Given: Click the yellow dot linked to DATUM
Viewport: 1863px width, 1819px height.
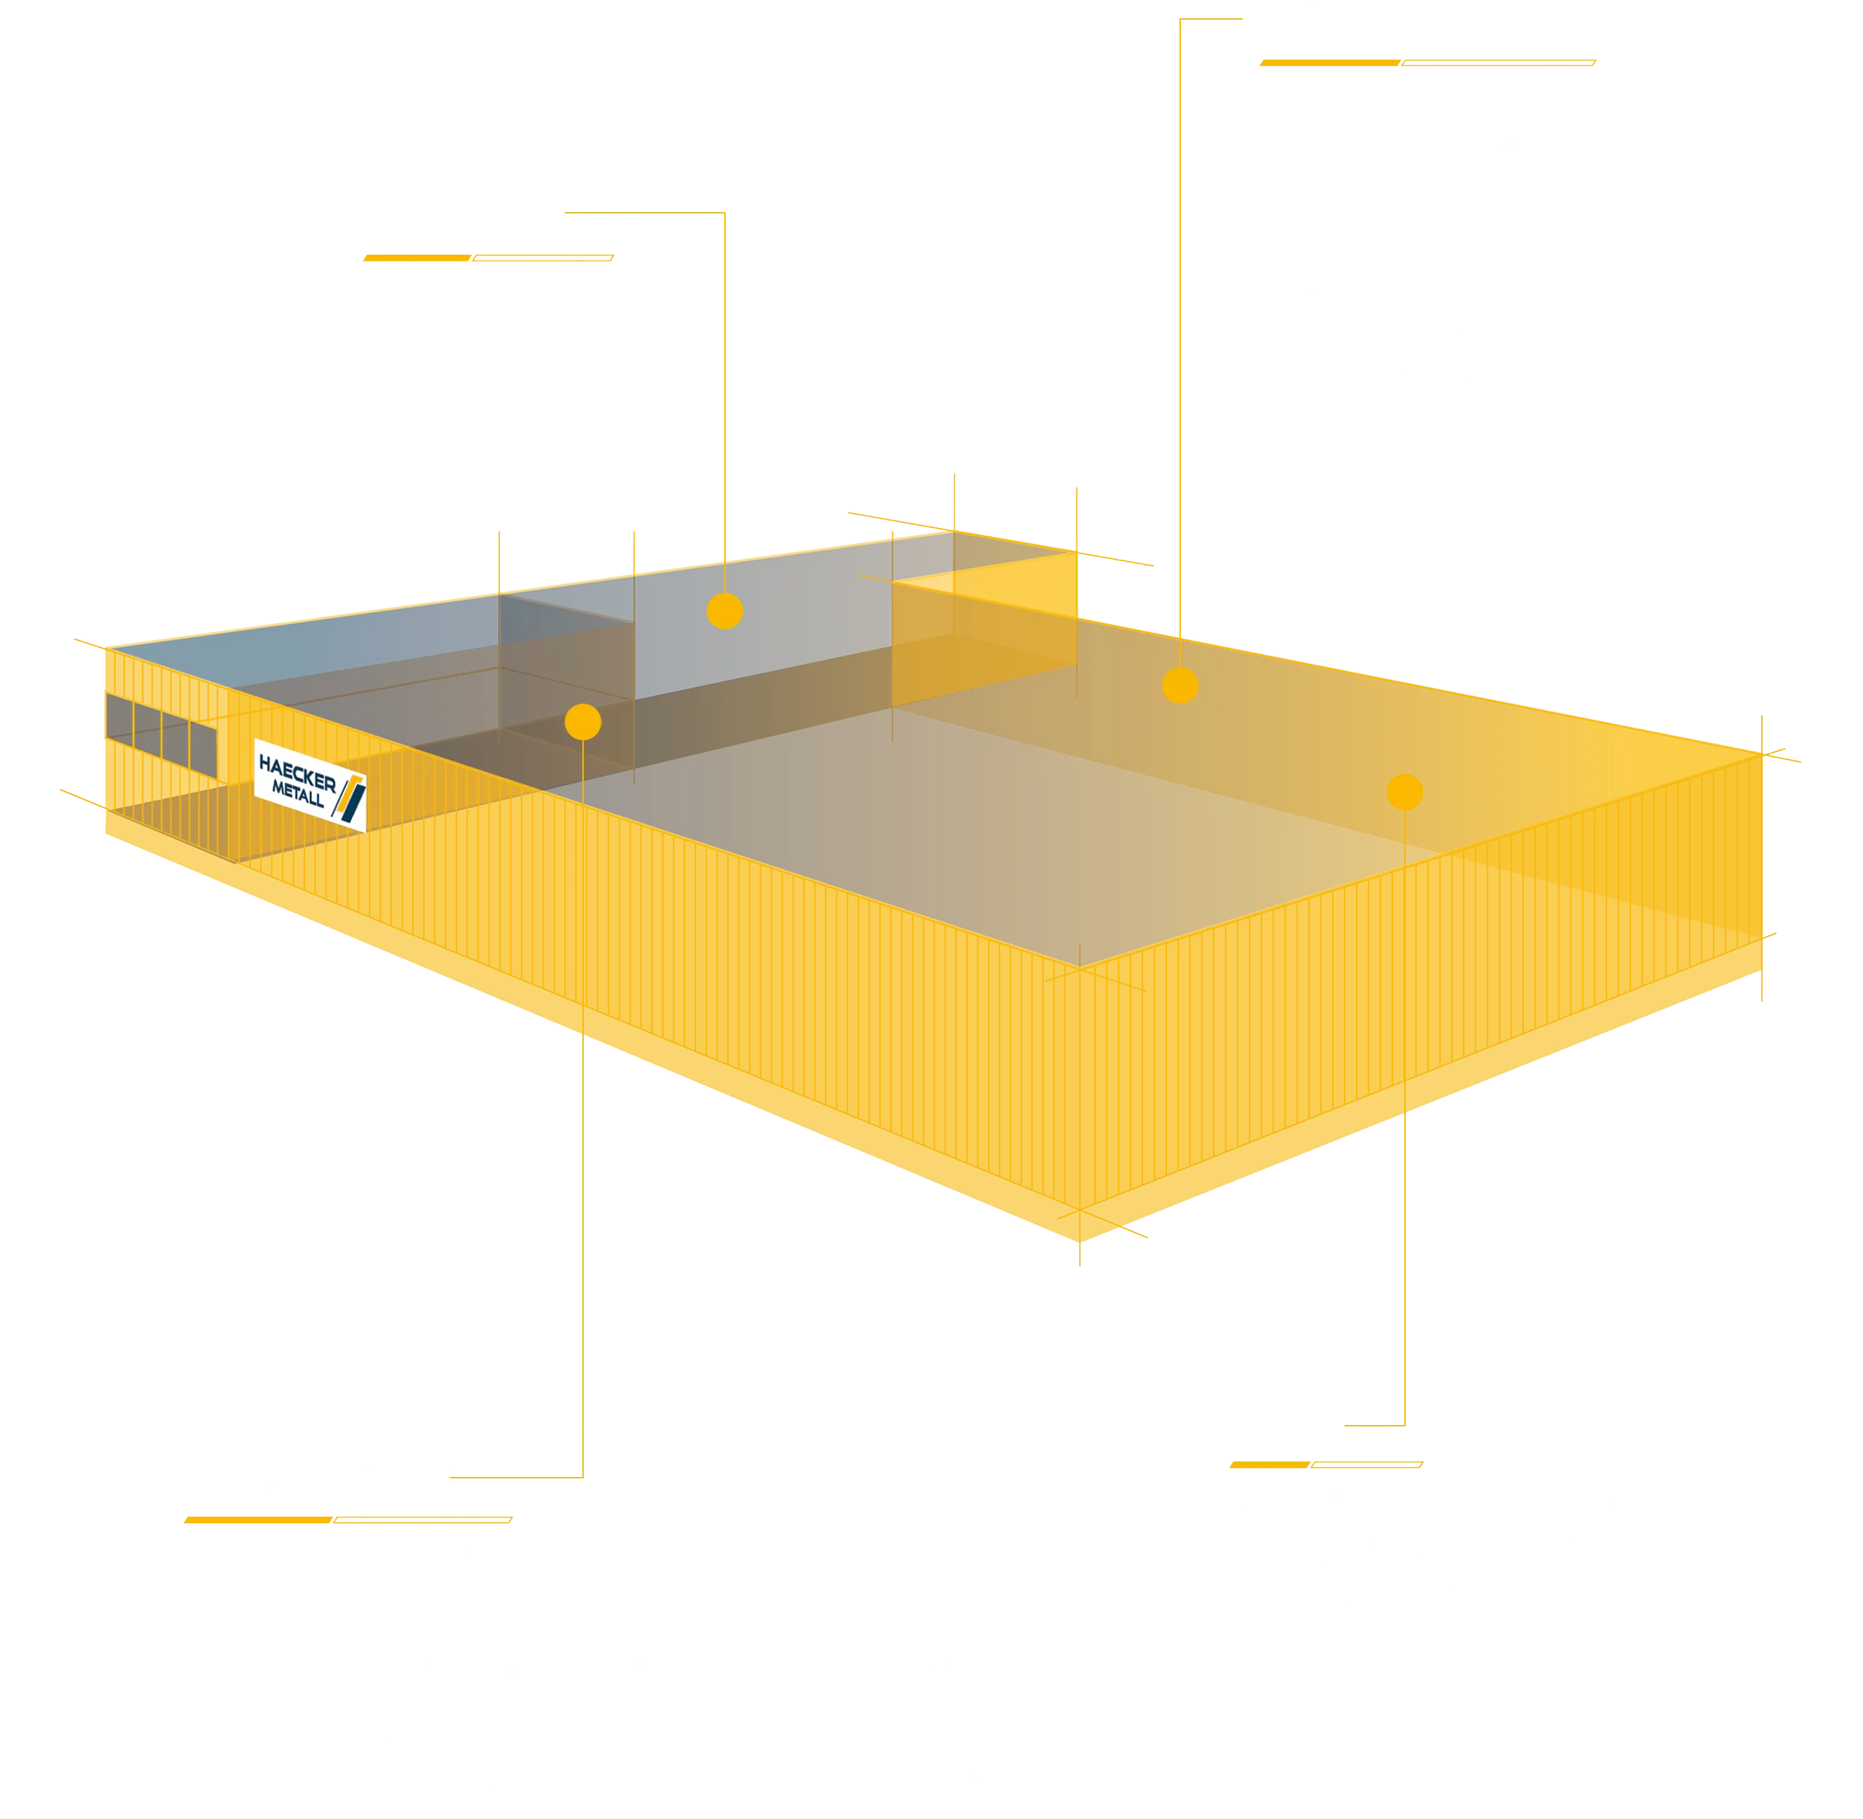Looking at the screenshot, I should click(x=725, y=610).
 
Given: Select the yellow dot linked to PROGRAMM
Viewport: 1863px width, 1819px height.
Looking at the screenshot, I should click(x=583, y=722).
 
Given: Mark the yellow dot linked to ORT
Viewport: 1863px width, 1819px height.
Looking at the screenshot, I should click(x=1404, y=792).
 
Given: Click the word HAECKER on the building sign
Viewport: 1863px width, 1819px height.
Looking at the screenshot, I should click(x=297, y=772).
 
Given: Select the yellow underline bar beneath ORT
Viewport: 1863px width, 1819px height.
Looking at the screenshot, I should click(x=1325, y=1464).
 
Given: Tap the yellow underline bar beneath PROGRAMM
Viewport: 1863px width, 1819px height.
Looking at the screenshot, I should click(x=348, y=1519).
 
